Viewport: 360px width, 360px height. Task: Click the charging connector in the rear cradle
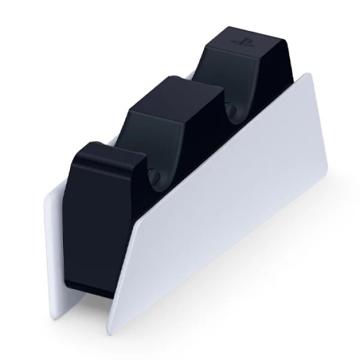tap(232, 110)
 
